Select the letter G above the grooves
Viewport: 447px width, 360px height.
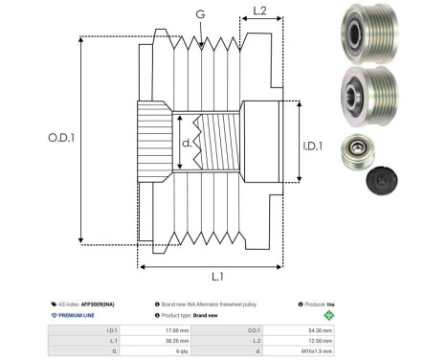[199, 14]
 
